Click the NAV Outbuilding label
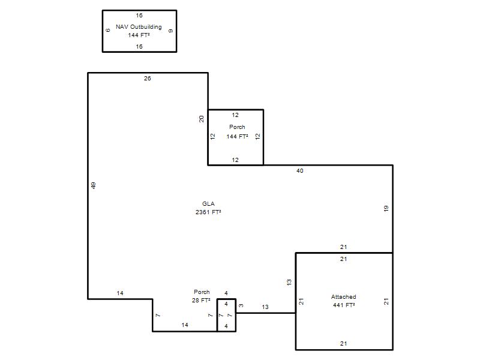[139, 27]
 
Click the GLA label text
[208, 203]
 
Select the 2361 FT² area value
[208, 212]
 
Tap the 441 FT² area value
[344, 305]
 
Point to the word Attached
[343, 296]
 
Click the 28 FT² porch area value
[201, 301]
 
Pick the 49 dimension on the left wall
[94, 185]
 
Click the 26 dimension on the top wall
[148, 79]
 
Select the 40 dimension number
[299, 171]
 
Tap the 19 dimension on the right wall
[386, 208]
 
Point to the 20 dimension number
[202, 119]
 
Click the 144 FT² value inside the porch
[237, 137]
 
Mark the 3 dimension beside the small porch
[241, 305]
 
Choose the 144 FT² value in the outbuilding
[139, 35]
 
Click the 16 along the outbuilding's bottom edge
[139, 47]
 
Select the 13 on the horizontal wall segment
[265, 307]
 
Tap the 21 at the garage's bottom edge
[343, 343]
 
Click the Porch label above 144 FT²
[237, 127]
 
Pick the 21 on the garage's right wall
[386, 301]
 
